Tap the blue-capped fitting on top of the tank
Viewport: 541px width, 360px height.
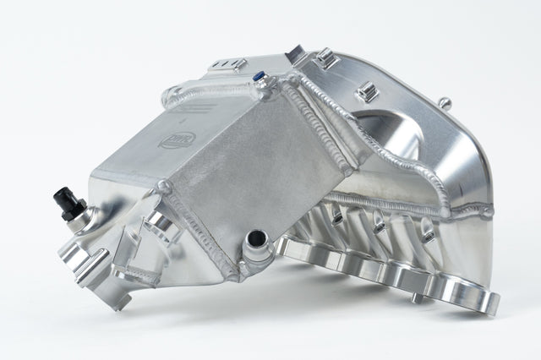[260, 77]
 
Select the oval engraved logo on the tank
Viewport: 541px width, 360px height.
[177, 139]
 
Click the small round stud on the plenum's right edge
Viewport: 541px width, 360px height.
[445, 103]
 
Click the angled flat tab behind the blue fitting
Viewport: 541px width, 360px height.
[295, 56]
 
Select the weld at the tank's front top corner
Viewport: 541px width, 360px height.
[164, 188]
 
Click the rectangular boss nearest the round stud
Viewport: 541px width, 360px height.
[365, 92]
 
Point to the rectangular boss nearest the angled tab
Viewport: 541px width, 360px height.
[326, 59]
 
